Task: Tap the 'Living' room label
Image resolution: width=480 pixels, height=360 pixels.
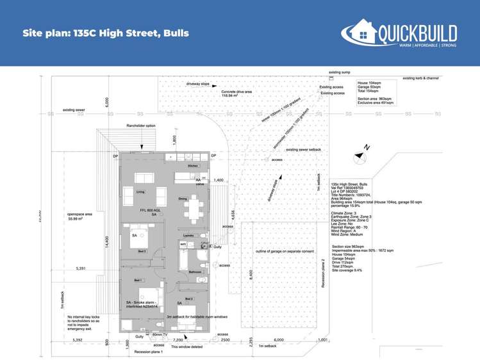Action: [141, 192]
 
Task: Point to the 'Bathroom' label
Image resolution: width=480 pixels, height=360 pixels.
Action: [195, 272]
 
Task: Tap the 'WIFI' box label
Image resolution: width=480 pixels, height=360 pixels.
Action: [183, 245]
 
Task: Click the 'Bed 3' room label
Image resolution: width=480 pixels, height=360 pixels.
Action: [142, 252]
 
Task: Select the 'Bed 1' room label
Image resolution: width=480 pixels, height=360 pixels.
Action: [138, 281]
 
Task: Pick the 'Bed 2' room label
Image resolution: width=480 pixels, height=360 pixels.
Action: [189, 299]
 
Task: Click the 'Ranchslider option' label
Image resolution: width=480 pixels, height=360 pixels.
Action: [142, 126]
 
